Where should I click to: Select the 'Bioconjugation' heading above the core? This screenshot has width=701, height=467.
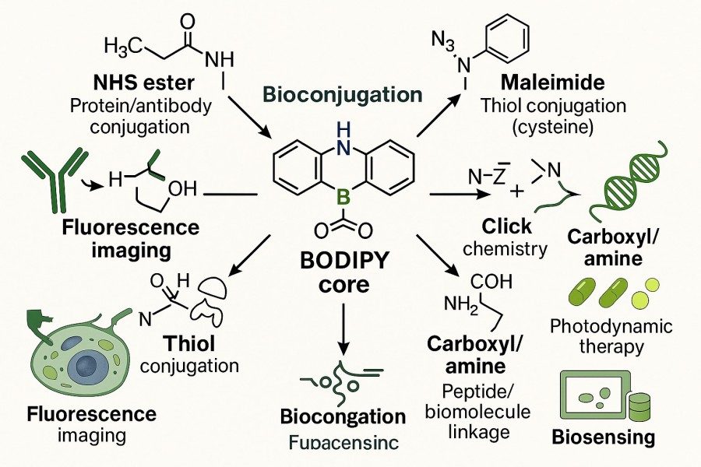(343, 95)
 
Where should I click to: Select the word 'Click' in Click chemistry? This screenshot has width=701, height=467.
(507, 226)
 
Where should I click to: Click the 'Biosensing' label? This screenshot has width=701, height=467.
(603, 437)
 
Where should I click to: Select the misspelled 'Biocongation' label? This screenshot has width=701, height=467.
(343, 416)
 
